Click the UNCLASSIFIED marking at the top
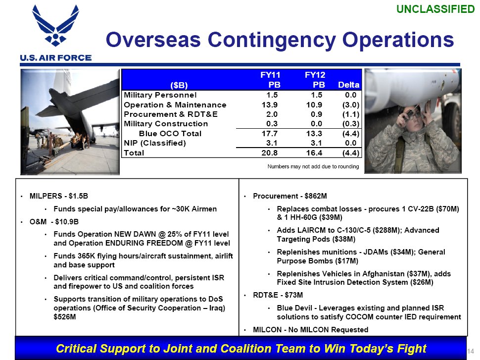[435, 9]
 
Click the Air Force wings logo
[55, 25]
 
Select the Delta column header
[348, 85]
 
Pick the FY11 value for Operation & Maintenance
[269, 105]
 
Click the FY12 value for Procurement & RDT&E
[317, 114]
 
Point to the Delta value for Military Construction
[351, 124]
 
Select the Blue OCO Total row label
[170, 134]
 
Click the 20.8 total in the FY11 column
[269, 153]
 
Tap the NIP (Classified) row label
[154, 143]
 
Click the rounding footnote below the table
[313, 166]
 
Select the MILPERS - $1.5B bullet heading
[59, 196]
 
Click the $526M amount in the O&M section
[65, 317]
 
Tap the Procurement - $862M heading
[290, 196]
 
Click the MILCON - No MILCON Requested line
[310, 330]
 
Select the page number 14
[471, 351]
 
